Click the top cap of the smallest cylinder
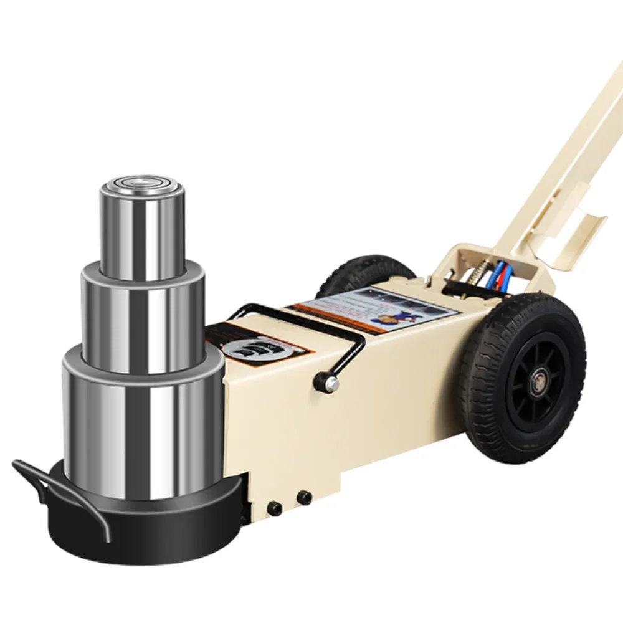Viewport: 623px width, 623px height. coord(141,185)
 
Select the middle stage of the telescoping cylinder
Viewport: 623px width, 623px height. coord(143,318)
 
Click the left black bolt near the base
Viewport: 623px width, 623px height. coord(275,508)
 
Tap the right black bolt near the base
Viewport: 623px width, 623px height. coord(305,497)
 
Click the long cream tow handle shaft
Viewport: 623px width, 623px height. coord(561,162)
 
